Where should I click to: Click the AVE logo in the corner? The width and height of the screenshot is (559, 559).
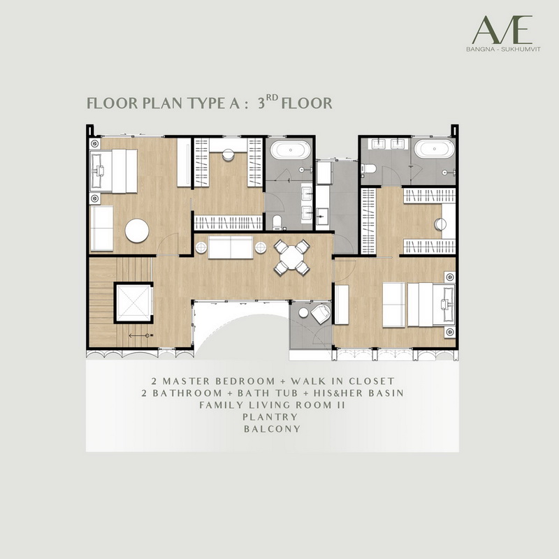click(502, 30)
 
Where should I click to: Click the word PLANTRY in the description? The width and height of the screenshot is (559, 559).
click(270, 416)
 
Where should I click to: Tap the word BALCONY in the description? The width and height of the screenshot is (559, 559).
click(272, 429)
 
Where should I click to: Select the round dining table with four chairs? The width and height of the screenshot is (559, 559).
click(291, 257)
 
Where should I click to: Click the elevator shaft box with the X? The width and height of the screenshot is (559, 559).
click(133, 303)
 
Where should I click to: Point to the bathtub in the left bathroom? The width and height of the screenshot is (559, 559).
click(290, 150)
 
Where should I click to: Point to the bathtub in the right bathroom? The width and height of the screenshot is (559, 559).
click(434, 148)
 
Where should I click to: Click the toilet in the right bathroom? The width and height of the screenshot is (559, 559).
click(368, 168)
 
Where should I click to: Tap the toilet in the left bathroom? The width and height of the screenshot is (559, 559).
click(277, 222)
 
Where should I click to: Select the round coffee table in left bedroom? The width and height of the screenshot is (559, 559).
click(137, 231)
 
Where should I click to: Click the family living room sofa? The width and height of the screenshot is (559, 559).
click(231, 247)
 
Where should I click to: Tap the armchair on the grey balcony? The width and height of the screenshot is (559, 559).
click(321, 314)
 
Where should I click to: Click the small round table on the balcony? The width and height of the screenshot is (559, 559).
click(303, 312)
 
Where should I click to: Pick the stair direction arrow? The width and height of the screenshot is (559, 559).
click(139, 335)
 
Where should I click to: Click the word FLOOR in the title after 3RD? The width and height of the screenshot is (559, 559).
click(307, 103)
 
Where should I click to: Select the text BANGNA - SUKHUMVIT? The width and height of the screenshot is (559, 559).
click(503, 49)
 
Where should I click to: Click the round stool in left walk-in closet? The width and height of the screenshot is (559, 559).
click(228, 154)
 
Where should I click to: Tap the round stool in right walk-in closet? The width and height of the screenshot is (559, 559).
click(440, 224)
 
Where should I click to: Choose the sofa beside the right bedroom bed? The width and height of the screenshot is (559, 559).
click(393, 305)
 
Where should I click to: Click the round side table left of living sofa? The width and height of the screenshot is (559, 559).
click(201, 247)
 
